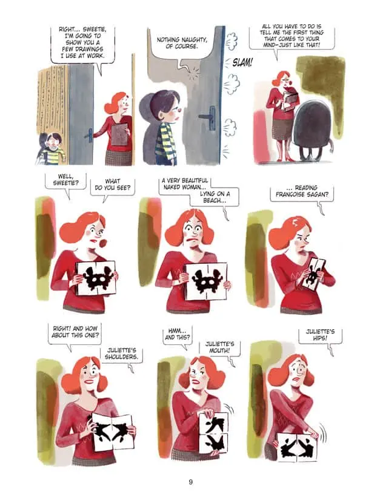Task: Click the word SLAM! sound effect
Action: [x=242, y=63]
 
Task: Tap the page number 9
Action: [x=190, y=482]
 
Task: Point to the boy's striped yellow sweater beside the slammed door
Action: [x=165, y=140]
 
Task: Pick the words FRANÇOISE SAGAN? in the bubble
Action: [x=302, y=194]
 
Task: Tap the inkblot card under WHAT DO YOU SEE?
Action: [x=96, y=278]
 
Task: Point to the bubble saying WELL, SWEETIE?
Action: [x=65, y=181]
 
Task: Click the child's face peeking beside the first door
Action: [x=55, y=142]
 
